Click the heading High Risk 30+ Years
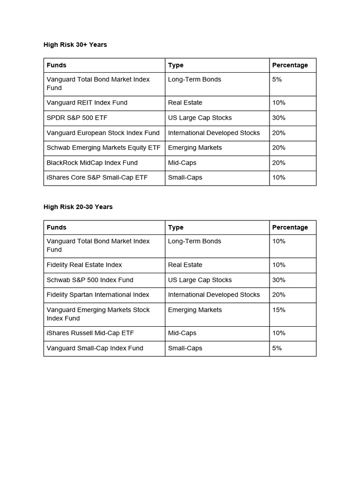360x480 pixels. (75, 45)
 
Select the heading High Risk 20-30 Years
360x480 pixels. (78, 207)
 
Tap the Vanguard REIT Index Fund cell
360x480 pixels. (87, 103)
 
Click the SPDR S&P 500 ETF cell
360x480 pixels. (74, 118)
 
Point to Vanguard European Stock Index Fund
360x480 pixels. (103, 133)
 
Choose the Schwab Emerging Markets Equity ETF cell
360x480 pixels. (104, 148)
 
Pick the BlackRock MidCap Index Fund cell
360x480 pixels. (92, 163)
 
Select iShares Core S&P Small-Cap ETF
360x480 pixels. (97, 178)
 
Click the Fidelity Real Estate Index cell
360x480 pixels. (84, 265)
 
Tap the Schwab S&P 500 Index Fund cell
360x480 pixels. (90, 280)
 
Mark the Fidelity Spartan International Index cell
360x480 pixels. (98, 295)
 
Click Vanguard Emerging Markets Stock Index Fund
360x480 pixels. (98, 314)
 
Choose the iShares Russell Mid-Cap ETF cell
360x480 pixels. (90, 333)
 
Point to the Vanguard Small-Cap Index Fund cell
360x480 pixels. (95, 348)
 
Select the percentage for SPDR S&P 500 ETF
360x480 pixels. (279, 118)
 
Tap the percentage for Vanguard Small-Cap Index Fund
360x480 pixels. (277, 348)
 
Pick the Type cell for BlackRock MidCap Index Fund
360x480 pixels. (182, 163)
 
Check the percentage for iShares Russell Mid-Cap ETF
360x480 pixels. (279, 333)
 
